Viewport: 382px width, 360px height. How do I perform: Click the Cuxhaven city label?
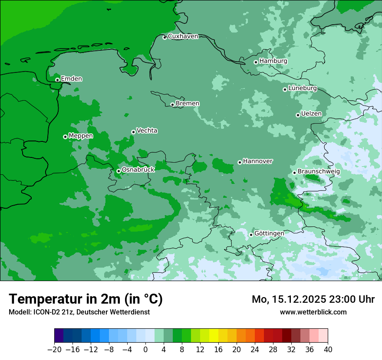click(x=183, y=36)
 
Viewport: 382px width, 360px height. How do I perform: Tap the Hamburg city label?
click(x=273, y=61)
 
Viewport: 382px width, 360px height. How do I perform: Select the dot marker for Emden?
click(x=57, y=80)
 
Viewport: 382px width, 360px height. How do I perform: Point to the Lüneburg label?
click(x=302, y=88)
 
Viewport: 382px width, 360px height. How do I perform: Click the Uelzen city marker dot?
click(x=298, y=115)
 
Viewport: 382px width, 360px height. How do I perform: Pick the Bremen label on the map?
click(x=188, y=104)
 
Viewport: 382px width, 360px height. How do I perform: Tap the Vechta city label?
click(x=147, y=131)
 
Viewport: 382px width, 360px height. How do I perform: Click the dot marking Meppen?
click(x=65, y=137)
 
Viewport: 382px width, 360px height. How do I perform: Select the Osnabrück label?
click(x=138, y=170)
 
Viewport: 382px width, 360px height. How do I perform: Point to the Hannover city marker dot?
click(x=240, y=162)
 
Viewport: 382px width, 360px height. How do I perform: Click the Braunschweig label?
click(x=319, y=172)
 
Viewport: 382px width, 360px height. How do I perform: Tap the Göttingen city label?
click(x=269, y=234)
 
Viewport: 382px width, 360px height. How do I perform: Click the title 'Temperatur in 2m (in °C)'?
click(x=86, y=299)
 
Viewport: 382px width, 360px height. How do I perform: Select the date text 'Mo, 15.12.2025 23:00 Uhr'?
click(x=313, y=299)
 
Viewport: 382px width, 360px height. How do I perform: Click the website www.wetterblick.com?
click(x=313, y=312)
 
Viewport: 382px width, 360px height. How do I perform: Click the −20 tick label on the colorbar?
click(x=54, y=350)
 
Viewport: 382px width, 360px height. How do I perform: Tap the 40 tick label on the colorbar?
click(x=328, y=350)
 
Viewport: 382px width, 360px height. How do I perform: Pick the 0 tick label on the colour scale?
click(x=145, y=350)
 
